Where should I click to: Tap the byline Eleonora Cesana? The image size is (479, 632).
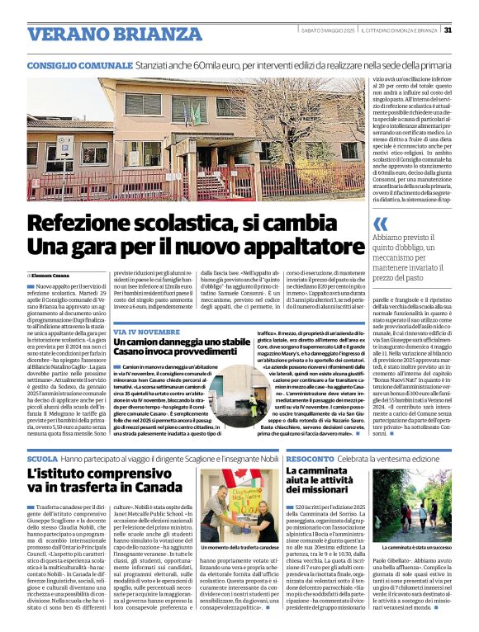pos(52,275)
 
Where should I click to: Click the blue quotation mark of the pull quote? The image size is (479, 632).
pos(380,224)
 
